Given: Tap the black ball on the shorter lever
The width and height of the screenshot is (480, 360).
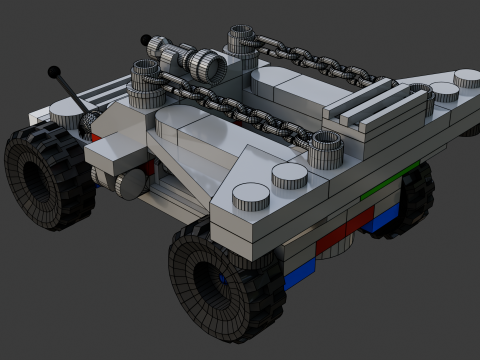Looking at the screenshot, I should coord(146,42).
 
